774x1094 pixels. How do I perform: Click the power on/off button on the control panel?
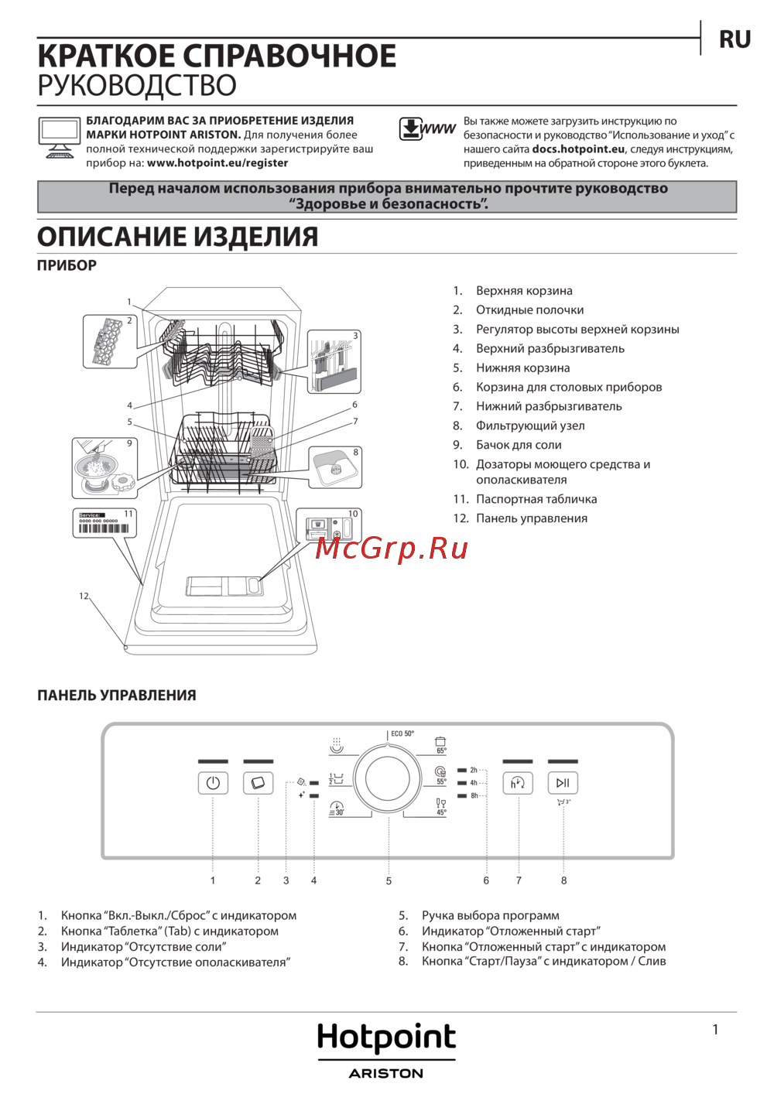[213, 784]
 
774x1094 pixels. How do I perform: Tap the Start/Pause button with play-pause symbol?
[563, 784]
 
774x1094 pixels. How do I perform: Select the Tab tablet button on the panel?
[258, 784]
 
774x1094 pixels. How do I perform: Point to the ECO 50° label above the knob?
[402, 733]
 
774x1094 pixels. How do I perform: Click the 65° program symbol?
[440, 745]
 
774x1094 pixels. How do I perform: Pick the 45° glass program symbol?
[441, 807]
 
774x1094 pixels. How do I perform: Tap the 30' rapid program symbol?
[337, 809]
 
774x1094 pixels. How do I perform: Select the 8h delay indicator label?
[474, 795]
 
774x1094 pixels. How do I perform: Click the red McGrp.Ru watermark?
[392, 549]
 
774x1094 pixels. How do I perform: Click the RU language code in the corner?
[735, 39]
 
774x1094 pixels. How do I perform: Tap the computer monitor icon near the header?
[59, 137]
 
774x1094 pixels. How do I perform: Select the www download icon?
[427, 129]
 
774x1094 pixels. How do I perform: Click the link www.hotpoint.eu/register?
[217, 163]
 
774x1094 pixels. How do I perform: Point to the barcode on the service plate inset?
[104, 528]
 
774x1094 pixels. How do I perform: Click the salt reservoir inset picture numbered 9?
[104, 468]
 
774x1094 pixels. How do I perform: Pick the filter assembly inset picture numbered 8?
[335, 467]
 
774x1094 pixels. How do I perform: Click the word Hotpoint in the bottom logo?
[386, 1038]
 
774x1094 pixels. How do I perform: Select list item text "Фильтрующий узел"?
[530, 426]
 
